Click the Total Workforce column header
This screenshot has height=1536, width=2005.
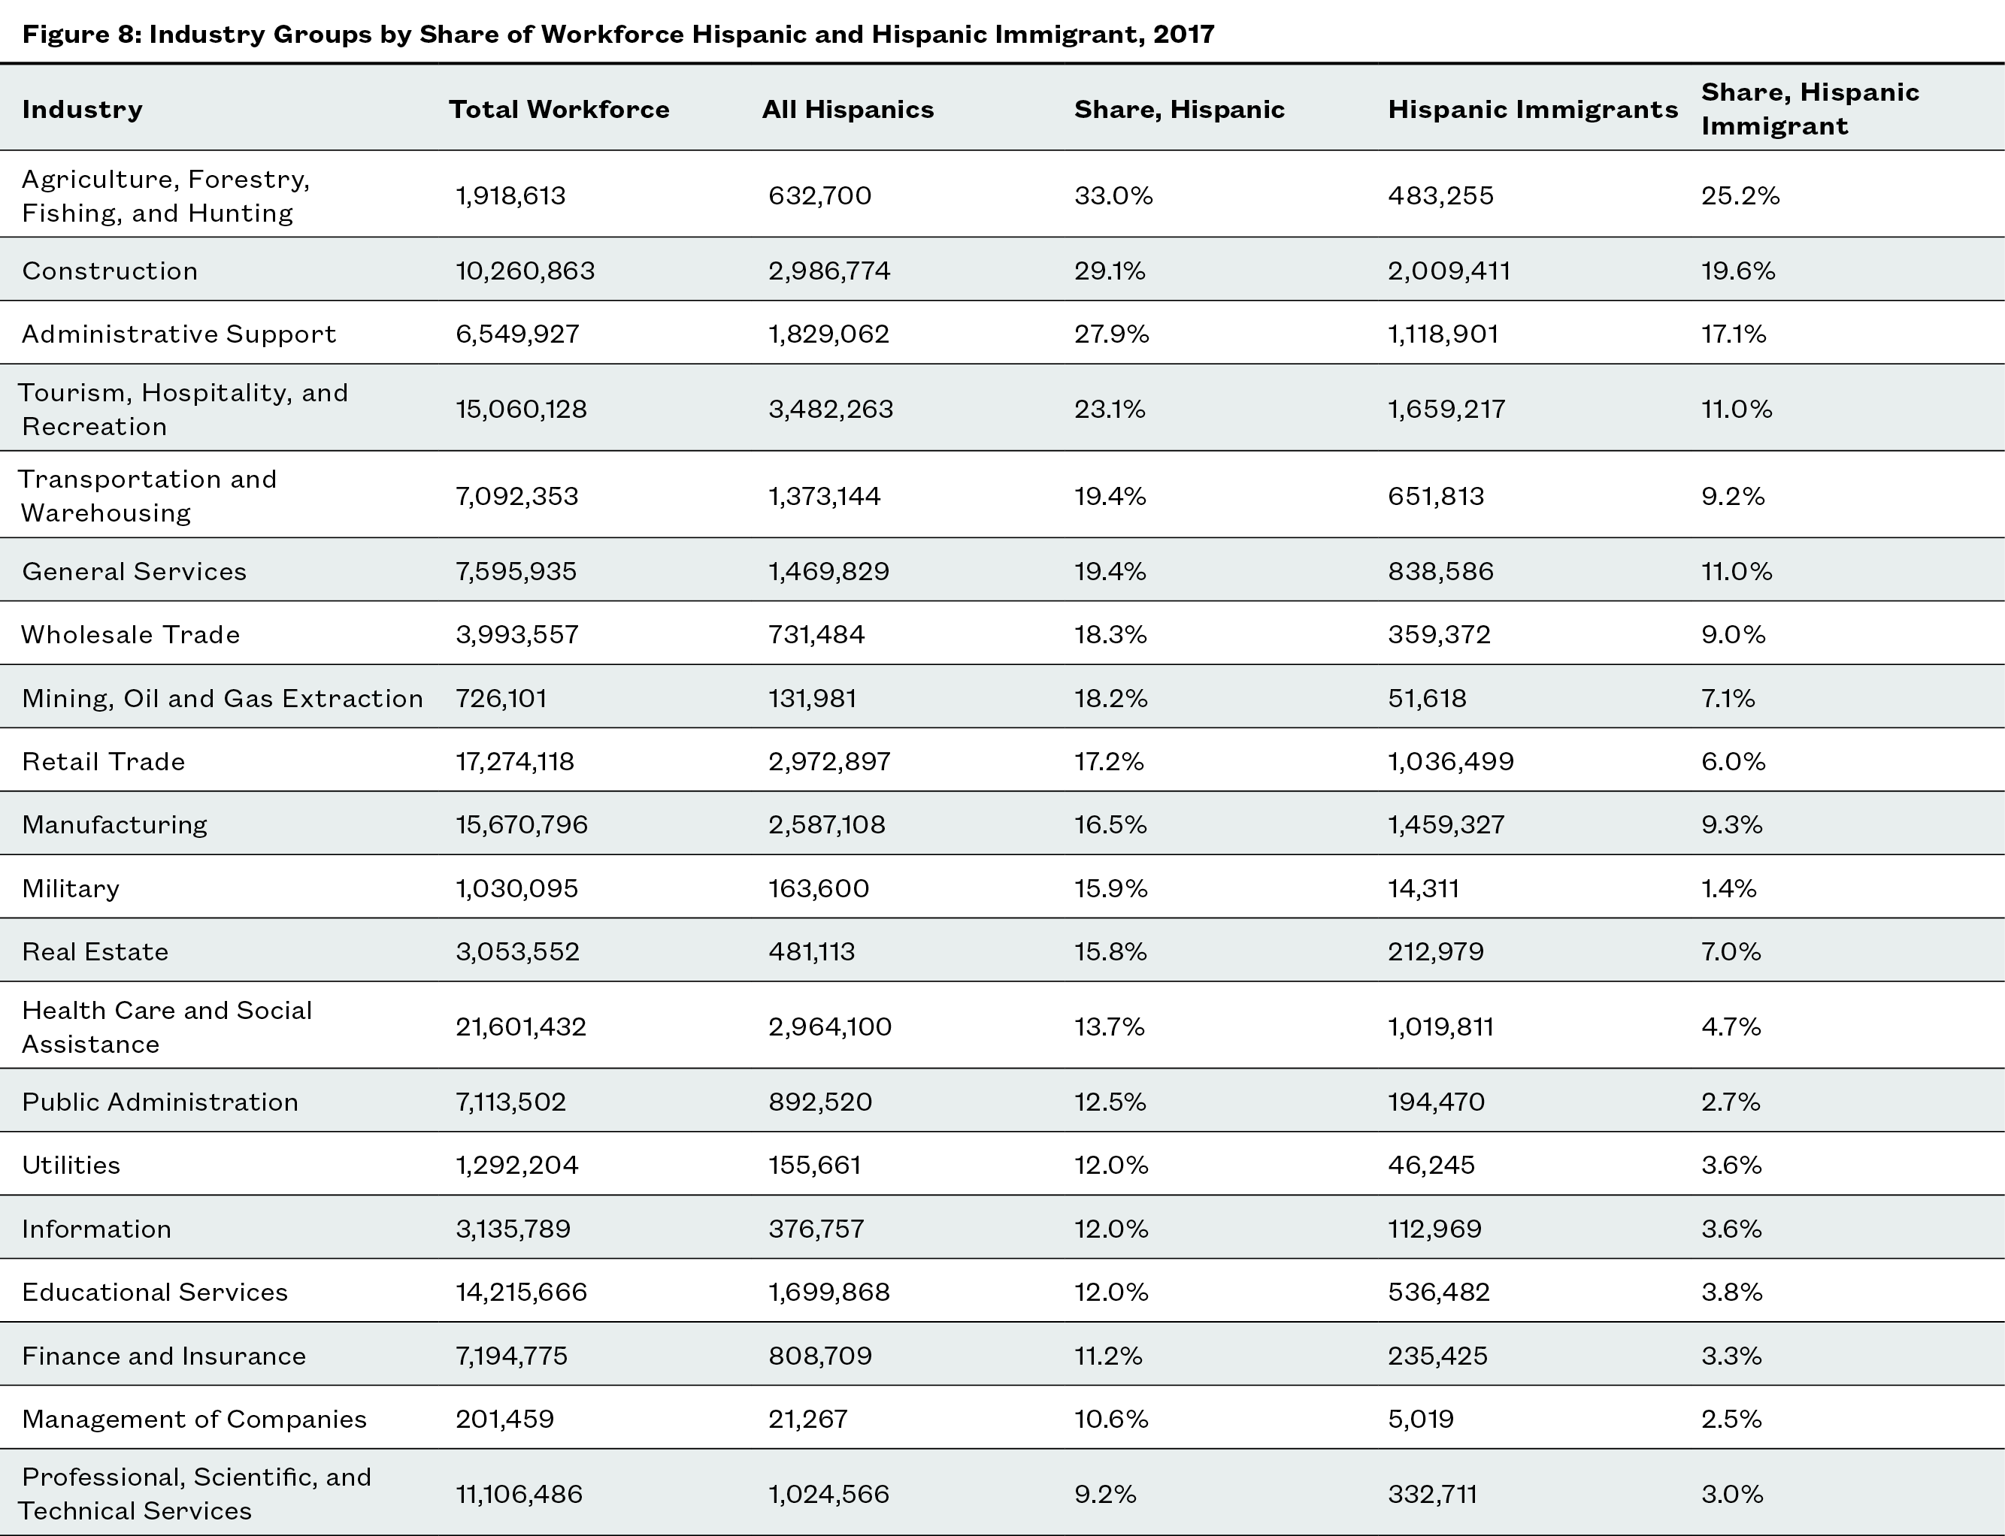[x=559, y=110]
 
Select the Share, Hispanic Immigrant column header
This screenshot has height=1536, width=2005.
[x=1810, y=109]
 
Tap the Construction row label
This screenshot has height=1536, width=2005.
[x=110, y=271]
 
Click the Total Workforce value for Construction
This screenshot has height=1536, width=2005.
[x=525, y=271]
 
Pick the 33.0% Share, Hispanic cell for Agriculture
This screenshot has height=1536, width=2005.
[x=1113, y=195]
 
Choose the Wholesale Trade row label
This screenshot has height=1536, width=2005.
[x=131, y=634]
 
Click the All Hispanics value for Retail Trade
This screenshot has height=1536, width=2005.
[x=828, y=761]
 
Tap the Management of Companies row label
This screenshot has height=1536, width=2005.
[x=194, y=1419]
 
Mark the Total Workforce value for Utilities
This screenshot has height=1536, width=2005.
[x=516, y=1165]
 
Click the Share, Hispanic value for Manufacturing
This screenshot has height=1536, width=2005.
[x=1110, y=824]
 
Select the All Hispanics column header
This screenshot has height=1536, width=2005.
[x=848, y=110]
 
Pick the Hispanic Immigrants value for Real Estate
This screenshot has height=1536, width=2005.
[x=1435, y=952]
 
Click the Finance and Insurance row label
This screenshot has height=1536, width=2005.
[x=164, y=1356]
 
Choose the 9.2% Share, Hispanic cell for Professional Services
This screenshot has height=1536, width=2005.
[x=1105, y=1494]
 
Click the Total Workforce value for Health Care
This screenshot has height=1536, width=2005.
[x=520, y=1027]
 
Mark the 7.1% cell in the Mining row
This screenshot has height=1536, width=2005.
[x=1728, y=699]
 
